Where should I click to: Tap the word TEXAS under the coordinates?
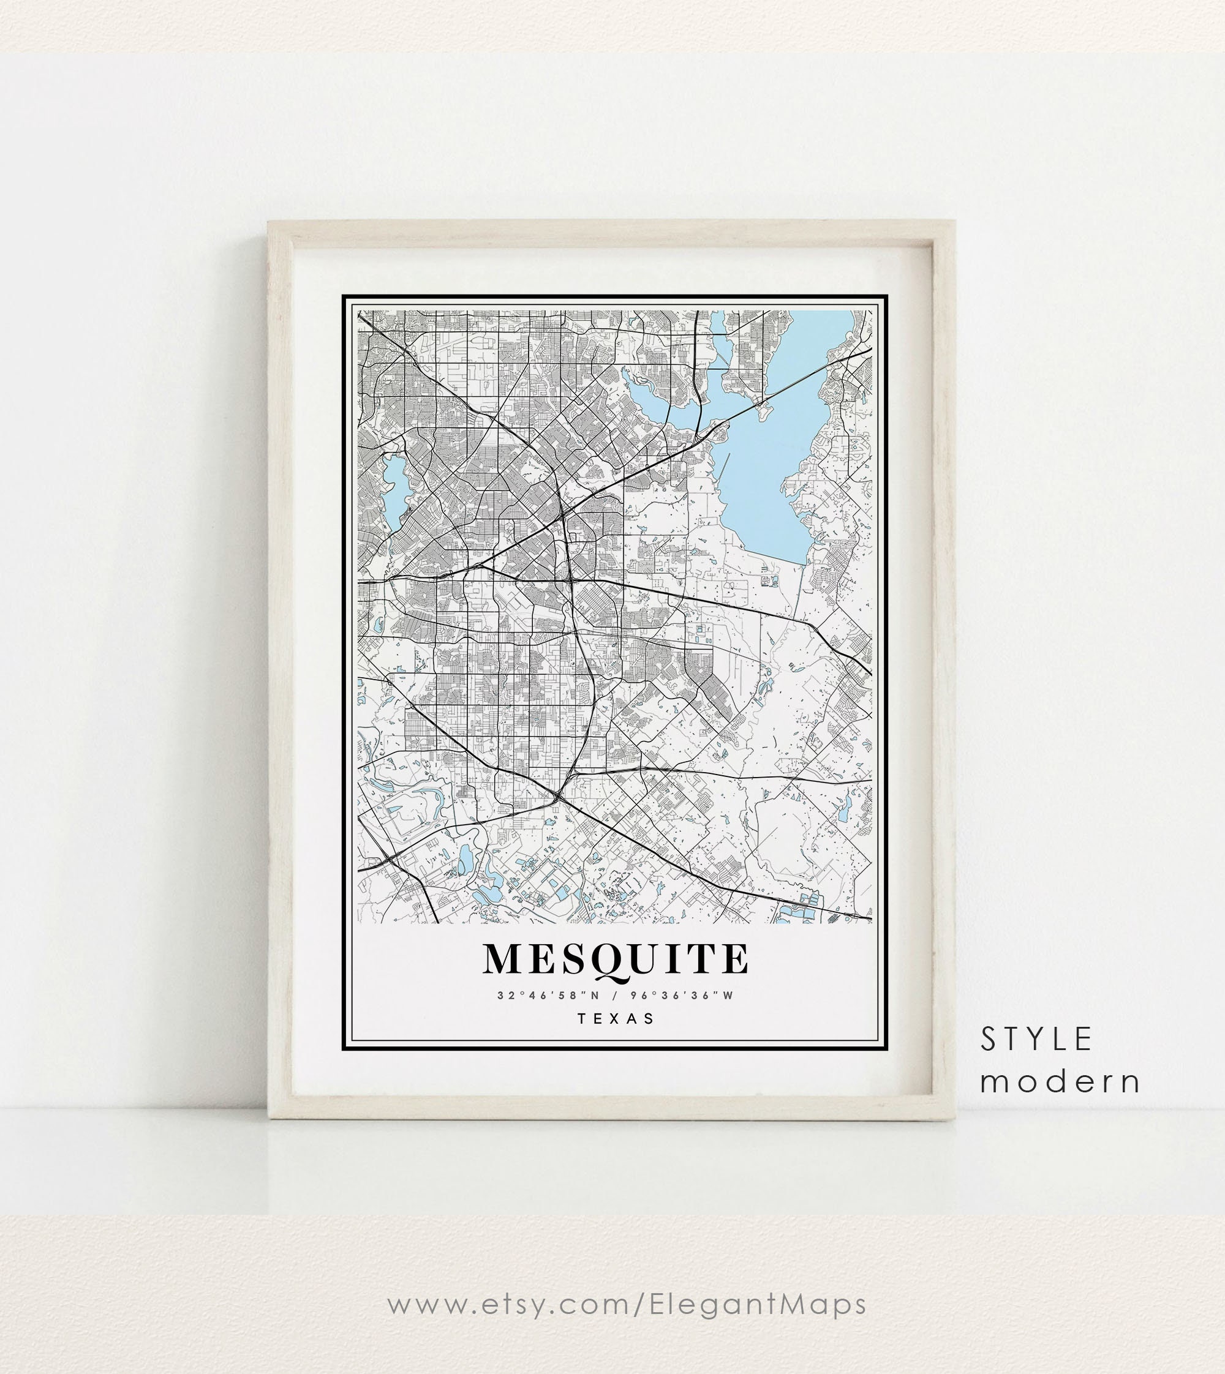pyautogui.click(x=616, y=1019)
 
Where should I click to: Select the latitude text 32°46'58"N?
pyautogui.click(x=547, y=995)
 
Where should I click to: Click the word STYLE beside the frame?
pyautogui.click(x=1036, y=1040)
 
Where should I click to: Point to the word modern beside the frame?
pyautogui.click(x=1060, y=1081)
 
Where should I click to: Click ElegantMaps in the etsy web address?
pyautogui.click(x=758, y=1304)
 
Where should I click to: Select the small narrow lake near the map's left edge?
pyautogui.click(x=393, y=488)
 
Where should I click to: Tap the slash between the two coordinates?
pyautogui.click(x=615, y=995)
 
